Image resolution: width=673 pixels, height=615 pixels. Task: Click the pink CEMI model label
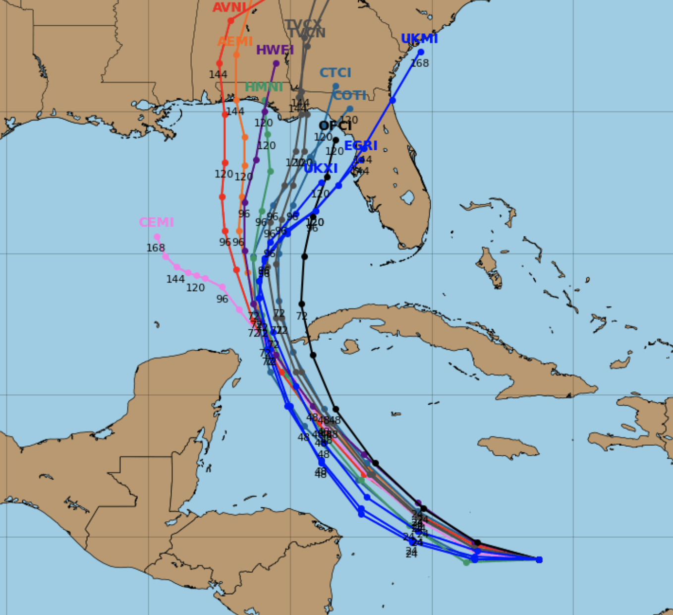pyautogui.click(x=156, y=222)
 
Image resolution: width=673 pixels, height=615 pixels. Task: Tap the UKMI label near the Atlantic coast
pyautogui.click(x=419, y=39)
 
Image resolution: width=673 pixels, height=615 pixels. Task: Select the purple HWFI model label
pyautogui.click(x=275, y=50)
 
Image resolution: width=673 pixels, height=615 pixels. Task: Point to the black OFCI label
pyautogui.click(x=335, y=126)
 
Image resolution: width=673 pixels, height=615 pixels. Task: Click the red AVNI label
pyautogui.click(x=229, y=7)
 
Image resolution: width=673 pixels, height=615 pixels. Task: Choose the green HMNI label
pyautogui.click(x=264, y=87)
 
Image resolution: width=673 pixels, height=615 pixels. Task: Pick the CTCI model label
pyautogui.click(x=335, y=73)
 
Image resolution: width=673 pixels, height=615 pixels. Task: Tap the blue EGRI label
pyautogui.click(x=360, y=146)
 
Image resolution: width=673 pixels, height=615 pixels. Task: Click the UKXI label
pyautogui.click(x=320, y=169)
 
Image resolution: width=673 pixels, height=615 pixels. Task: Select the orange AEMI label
pyautogui.click(x=235, y=42)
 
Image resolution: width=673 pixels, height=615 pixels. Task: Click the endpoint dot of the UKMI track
pyautogui.click(x=421, y=52)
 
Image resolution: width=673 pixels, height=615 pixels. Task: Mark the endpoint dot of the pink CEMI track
pyautogui.click(x=157, y=237)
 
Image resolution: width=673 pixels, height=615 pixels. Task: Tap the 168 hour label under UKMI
pyautogui.click(x=419, y=63)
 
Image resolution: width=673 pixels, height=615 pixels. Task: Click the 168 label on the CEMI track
pyautogui.click(x=155, y=248)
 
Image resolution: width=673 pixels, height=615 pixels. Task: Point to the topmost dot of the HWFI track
pyautogui.click(x=276, y=63)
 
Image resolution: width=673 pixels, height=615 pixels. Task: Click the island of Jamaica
pyautogui.click(x=507, y=445)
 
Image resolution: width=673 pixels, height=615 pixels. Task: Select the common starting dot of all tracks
pyautogui.click(x=539, y=559)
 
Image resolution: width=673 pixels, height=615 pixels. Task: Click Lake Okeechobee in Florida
pyautogui.click(x=407, y=198)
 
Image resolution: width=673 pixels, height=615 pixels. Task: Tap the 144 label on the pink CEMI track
pyautogui.click(x=175, y=280)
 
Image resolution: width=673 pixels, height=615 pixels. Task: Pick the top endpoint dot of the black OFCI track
pyautogui.click(x=336, y=140)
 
